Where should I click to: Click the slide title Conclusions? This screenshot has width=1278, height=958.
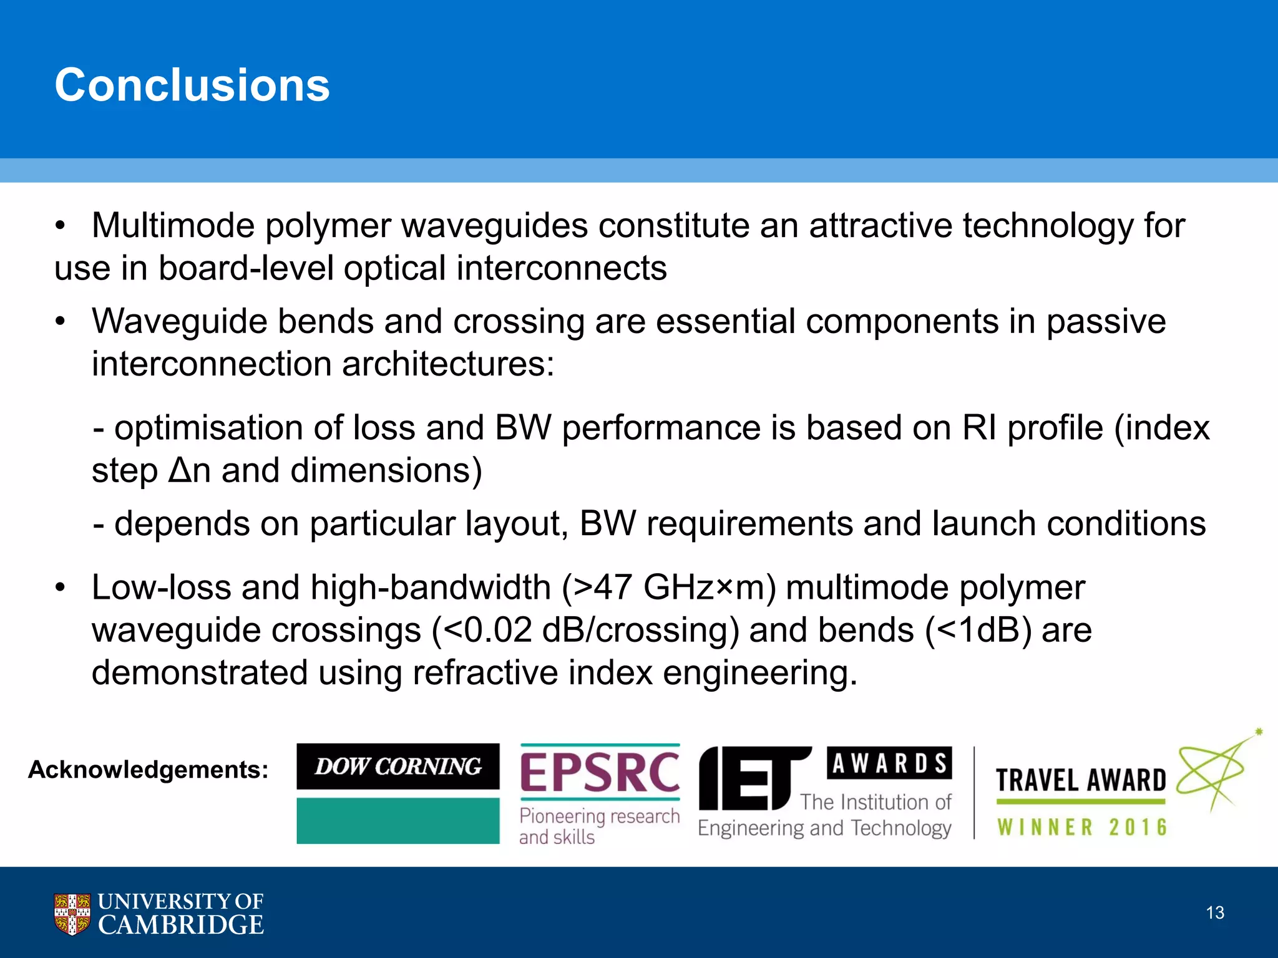click(192, 85)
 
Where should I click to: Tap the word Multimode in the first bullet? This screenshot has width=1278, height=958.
click(173, 226)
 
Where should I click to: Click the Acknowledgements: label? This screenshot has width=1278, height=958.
click(149, 770)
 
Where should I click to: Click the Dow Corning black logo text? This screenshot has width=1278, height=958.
click(398, 767)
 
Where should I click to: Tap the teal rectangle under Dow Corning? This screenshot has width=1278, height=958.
click(398, 821)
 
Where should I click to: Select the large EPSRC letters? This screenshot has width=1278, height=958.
click(599, 773)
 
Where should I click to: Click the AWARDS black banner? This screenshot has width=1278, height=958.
click(889, 763)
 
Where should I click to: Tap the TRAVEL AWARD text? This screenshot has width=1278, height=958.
click(1081, 781)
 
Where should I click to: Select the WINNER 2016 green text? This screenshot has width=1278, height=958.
click(1082, 828)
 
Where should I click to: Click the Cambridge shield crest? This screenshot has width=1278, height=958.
click(72, 914)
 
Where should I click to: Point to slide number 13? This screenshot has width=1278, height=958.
click(1214, 913)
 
